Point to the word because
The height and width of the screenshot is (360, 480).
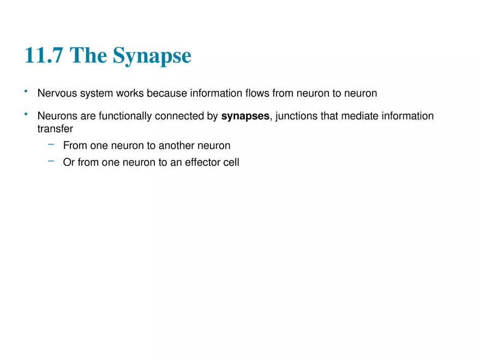pos(167,93)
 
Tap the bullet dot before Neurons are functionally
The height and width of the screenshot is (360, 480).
pos(26,114)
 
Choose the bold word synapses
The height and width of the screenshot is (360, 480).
pos(245,117)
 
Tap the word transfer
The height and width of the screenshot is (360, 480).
pos(55,129)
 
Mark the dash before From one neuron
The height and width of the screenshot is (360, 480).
pos(51,145)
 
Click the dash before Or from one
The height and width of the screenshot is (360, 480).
pos(51,161)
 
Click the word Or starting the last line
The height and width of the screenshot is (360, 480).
pos(69,163)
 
